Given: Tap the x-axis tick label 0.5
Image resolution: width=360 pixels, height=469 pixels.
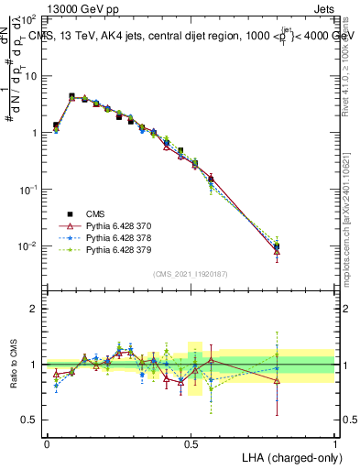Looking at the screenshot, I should click(191, 442).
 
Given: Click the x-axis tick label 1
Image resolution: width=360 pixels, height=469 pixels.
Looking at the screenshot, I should click(335, 442).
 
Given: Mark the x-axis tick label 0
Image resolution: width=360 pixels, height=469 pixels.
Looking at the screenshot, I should click(47, 442).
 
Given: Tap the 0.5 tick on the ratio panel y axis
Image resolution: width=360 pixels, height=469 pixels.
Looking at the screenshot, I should click(32, 420).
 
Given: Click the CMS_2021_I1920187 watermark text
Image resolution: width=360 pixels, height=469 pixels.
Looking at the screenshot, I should click(191, 274).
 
